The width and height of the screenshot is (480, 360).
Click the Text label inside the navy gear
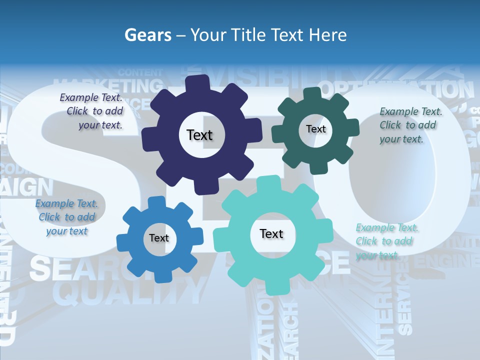pyautogui.click(x=199, y=135)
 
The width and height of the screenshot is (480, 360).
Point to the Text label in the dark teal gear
pyautogui.click(x=315, y=129)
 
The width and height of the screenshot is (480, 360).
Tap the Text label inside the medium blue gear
pyautogui.click(x=158, y=238)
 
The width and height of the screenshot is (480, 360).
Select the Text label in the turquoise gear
pyautogui.click(x=271, y=233)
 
